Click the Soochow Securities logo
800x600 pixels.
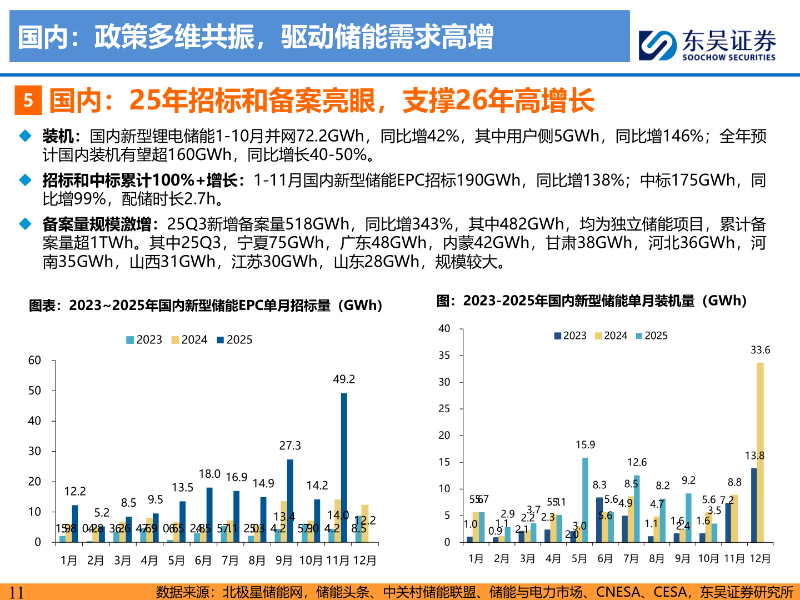(x=707, y=44)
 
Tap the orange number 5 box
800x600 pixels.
(x=28, y=101)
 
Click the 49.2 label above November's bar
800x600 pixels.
(x=344, y=379)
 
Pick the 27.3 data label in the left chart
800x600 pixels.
(x=290, y=446)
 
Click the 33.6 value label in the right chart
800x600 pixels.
(x=760, y=350)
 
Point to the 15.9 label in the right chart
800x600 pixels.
(x=585, y=445)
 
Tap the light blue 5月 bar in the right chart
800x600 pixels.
(x=585, y=499)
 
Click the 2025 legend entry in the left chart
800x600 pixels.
(x=234, y=340)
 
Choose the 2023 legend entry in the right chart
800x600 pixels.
(x=570, y=336)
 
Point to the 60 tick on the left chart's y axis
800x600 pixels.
(x=34, y=361)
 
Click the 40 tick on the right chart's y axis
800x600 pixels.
(x=444, y=329)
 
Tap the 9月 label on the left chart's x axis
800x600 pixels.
(x=284, y=561)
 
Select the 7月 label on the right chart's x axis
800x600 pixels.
(x=631, y=559)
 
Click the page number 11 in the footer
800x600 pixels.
(x=17, y=592)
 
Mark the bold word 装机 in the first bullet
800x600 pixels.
(x=58, y=136)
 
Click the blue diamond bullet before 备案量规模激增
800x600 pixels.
(x=26, y=224)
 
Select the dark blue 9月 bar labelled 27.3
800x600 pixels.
(x=290, y=500)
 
